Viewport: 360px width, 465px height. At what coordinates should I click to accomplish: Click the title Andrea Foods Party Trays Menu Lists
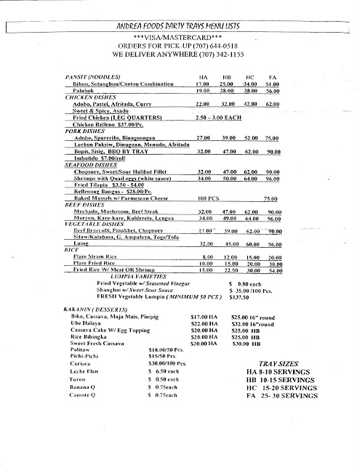180,25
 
